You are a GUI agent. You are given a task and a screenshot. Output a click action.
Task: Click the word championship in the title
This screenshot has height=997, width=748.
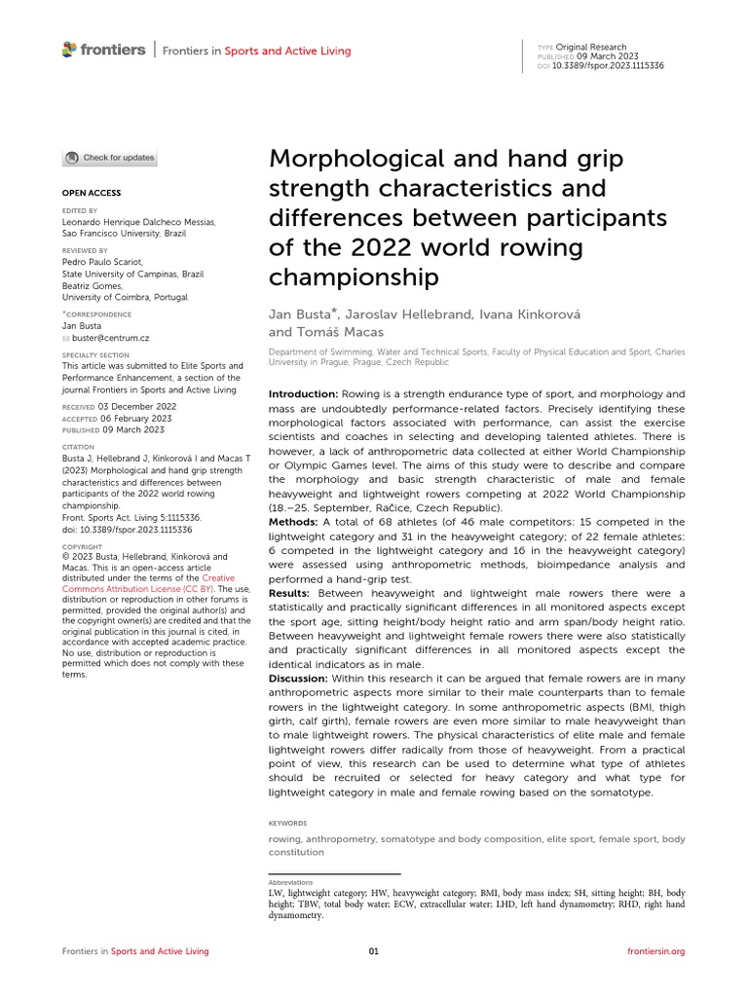coord(354,277)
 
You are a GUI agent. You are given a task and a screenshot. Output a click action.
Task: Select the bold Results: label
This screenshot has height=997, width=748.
coord(289,593)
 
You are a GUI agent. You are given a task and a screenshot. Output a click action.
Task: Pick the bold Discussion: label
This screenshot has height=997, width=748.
coord(298,678)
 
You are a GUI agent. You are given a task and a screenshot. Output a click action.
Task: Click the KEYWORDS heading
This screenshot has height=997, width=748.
coord(287,823)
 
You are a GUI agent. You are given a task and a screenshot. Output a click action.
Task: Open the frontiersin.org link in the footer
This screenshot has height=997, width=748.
coord(656,951)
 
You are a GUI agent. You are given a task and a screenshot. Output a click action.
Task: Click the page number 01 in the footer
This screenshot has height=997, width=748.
coord(373,951)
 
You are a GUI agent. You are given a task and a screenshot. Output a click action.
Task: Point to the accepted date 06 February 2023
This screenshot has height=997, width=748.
coord(136,417)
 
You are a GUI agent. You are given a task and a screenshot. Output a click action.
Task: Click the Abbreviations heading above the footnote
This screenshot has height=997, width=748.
coord(290,882)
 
